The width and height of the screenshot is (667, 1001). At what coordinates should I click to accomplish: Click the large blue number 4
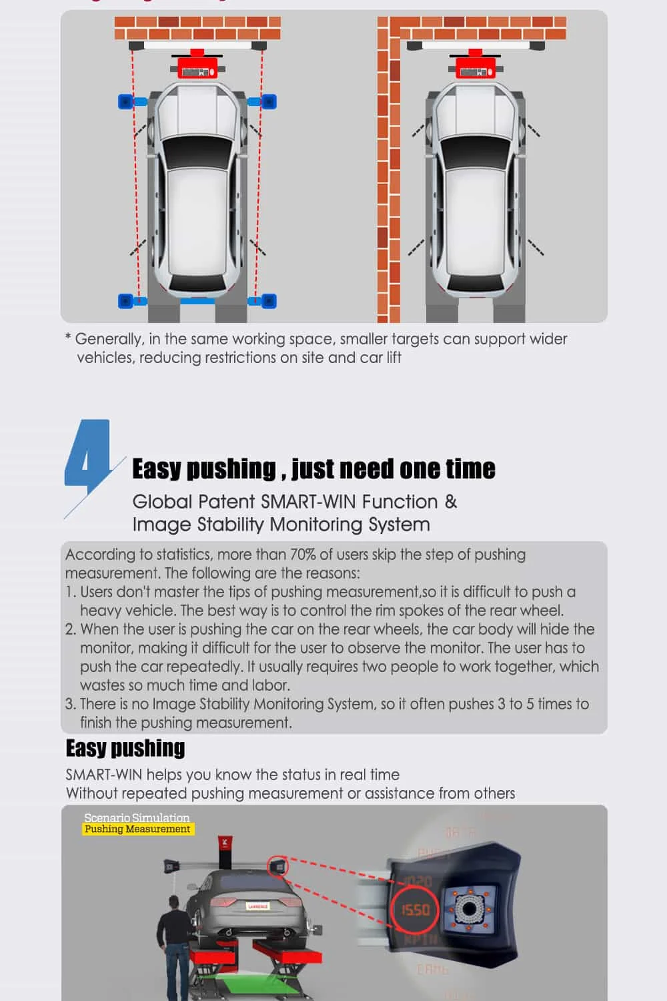click(x=87, y=456)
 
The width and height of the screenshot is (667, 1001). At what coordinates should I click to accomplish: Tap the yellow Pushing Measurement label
click(x=137, y=829)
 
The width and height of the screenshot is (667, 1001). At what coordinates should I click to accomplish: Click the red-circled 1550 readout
click(x=415, y=910)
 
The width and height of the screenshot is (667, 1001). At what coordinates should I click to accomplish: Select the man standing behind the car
click(x=174, y=948)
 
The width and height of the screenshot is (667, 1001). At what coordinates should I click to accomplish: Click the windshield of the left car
click(x=197, y=153)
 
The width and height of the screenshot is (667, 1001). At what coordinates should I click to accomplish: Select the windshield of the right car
click(x=476, y=153)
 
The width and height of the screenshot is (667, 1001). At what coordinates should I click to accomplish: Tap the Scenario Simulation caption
click(x=137, y=817)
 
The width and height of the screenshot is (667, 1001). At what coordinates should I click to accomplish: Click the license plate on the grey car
click(x=257, y=906)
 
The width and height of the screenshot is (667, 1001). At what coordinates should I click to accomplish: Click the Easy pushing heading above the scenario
click(x=125, y=748)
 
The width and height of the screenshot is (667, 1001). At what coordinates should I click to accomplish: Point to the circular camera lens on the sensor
click(x=471, y=909)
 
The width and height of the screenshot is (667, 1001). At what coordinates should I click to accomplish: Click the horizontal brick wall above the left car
click(x=197, y=28)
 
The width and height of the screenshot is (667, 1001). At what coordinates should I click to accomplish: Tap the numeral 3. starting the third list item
click(x=71, y=704)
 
